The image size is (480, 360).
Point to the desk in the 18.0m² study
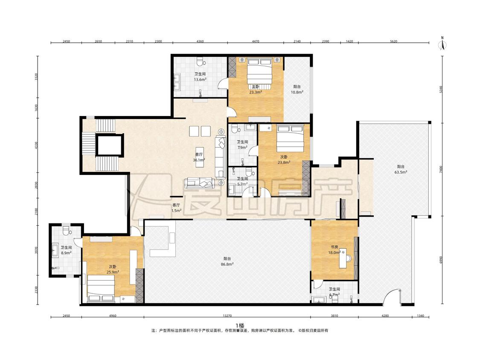pyautogui.click(x=343, y=258)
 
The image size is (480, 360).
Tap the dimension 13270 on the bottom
pyautogui.click(x=227, y=316)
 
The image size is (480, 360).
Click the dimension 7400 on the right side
pyautogui.click(x=441, y=169)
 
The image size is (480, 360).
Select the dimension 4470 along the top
pyautogui.click(x=255, y=41)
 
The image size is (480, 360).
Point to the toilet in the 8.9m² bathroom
pyautogui.click(x=66, y=230)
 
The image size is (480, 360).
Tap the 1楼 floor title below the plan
pyautogui.click(x=240, y=325)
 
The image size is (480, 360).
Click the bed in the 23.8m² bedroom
pyautogui.click(x=290, y=138)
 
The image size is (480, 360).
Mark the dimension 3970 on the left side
pyautogui.click(x=37, y=250)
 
